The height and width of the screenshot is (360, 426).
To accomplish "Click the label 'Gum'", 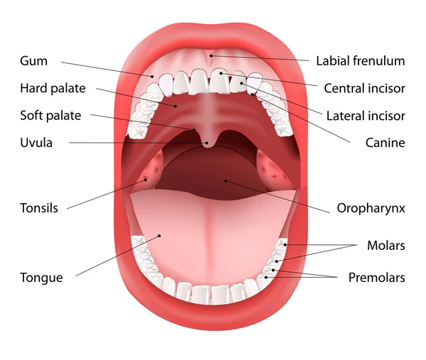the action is (x=33, y=61).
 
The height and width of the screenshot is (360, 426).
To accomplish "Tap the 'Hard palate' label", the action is (x=53, y=88).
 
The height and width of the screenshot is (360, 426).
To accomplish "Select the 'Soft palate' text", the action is (x=50, y=116).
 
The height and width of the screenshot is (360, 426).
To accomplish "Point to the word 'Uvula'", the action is (x=36, y=143).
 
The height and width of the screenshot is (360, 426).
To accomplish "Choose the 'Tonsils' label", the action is (x=39, y=208).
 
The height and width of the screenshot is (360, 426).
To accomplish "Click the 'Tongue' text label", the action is (x=41, y=278).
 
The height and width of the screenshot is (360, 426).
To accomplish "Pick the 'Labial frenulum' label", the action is (x=361, y=61).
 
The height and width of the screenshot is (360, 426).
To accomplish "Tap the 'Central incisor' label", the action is (x=364, y=88).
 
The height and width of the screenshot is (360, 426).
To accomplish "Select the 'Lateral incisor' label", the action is (x=366, y=116).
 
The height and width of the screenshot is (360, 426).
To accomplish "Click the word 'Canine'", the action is (x=386, y=143).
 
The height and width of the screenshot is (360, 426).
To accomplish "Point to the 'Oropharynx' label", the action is (x=371, y=208).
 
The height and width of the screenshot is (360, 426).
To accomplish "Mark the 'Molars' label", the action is (x=386, y=246).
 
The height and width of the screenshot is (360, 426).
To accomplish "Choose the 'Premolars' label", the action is (x=377, y=278).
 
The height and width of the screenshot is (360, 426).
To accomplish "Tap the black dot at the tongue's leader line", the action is (x=160, y=236).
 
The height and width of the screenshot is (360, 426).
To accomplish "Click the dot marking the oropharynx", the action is (x=226, y=180).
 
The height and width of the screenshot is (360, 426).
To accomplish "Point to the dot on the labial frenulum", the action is (x=211, y=55).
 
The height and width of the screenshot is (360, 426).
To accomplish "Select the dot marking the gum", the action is (x=153, y=77).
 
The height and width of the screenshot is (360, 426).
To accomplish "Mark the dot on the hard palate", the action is (x=175, y=106).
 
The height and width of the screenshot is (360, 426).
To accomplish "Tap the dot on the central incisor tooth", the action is (x=221, y=73).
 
